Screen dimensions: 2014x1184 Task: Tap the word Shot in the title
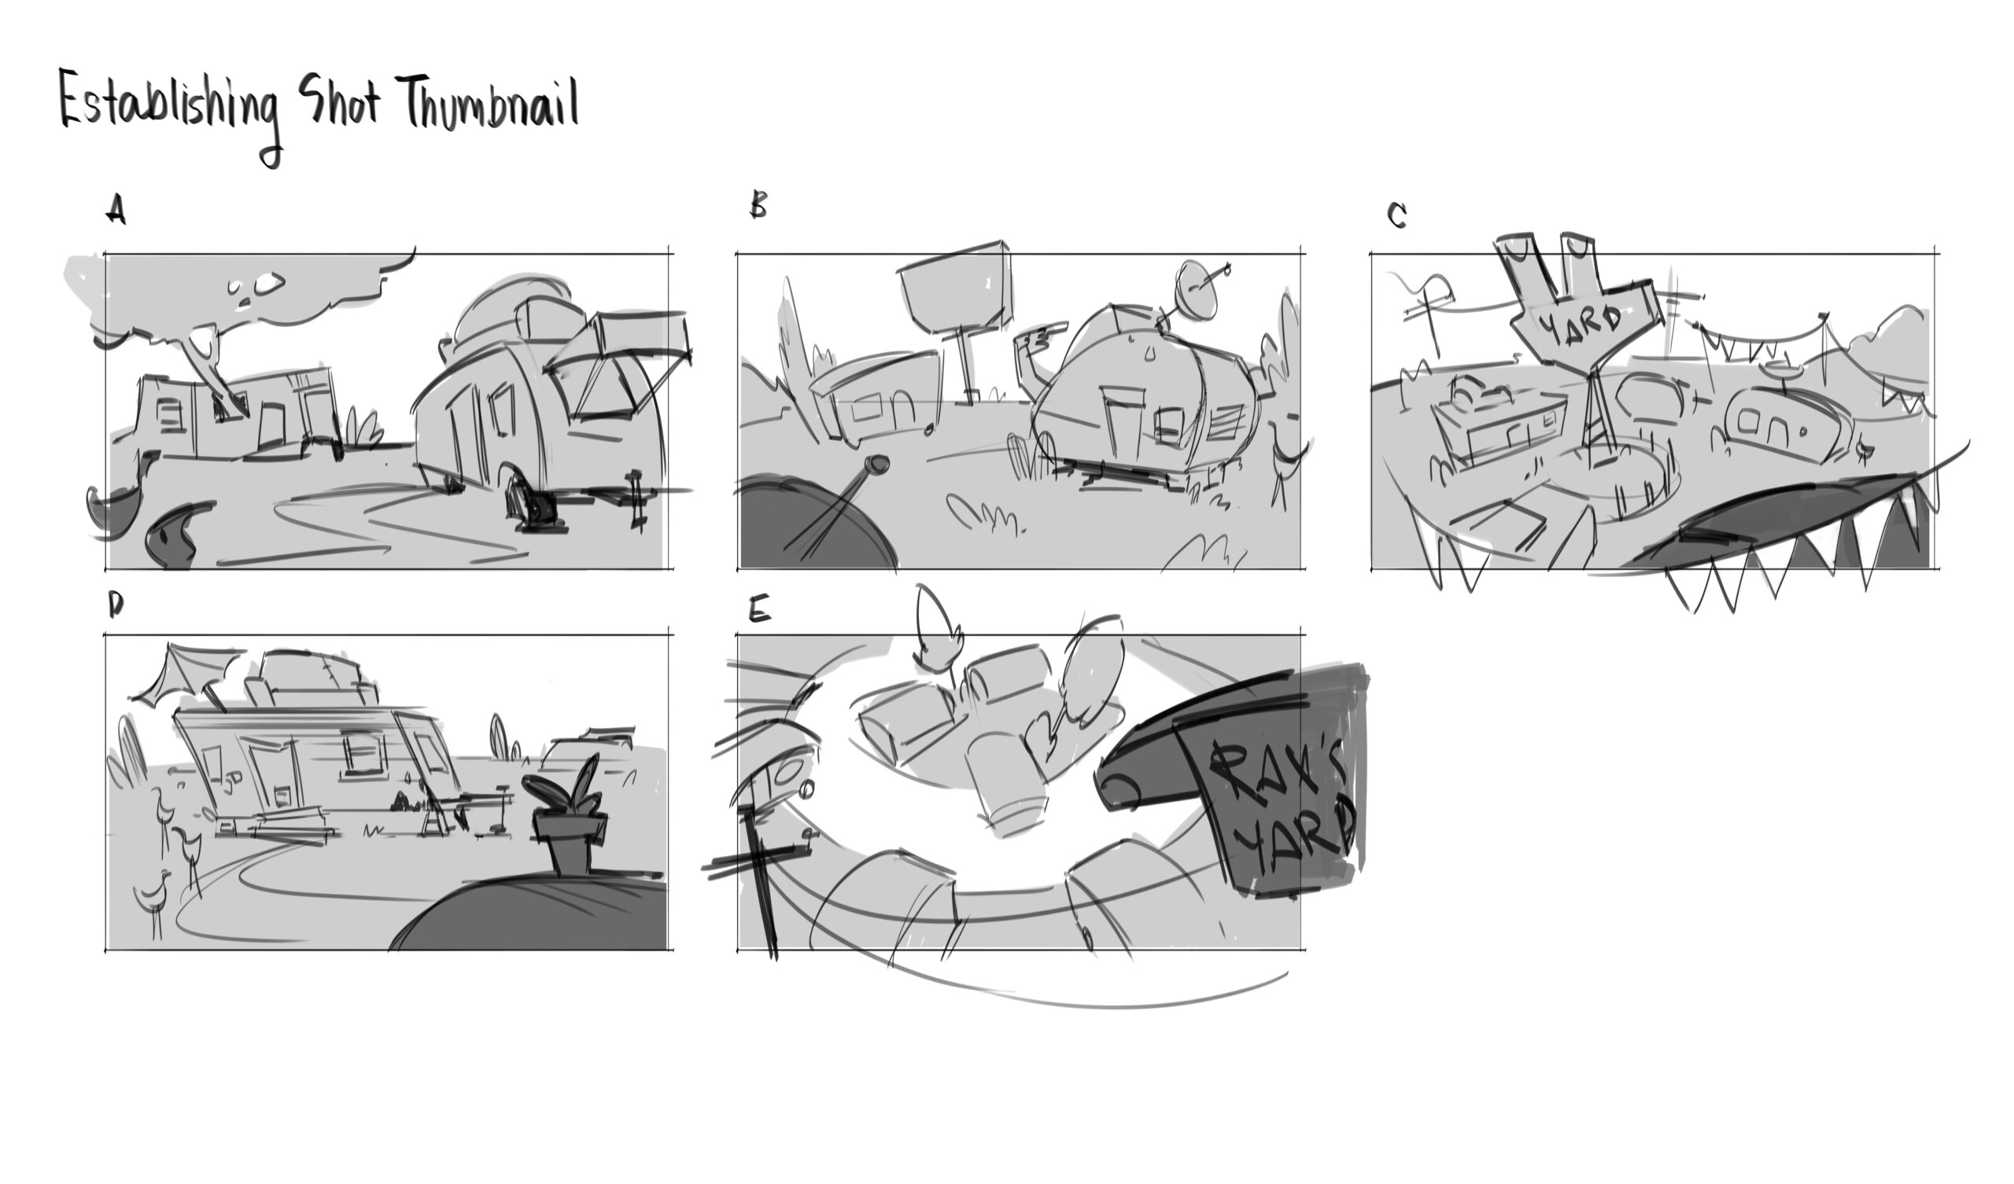tap(339, 102)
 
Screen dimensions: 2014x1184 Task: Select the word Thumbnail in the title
tap(491, 102)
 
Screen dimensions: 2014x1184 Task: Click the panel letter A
tap(116, 211)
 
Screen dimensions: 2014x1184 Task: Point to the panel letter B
tap(758, 205)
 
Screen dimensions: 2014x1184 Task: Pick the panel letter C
tap(1397, 215)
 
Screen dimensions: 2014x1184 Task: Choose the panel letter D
tap(116, 607)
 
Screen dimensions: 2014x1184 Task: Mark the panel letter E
tap(759, 610)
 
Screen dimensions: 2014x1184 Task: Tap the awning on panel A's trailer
tap(615, 359)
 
